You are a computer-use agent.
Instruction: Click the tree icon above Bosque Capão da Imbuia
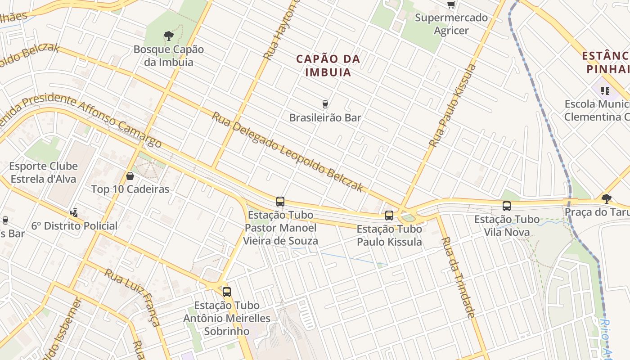pyautogui.click(x=169, y=36)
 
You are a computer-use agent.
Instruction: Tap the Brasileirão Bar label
pyautogui.click(x=325, y=118)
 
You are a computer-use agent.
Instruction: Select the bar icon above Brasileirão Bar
pyautogui.click(x=325, y=104)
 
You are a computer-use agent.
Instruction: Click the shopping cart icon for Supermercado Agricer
pyautogui.click(x=451, y=4)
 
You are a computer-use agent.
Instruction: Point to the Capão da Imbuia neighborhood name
pyautogui.click(x=328, y=65)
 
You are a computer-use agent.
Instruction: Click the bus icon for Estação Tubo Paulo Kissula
pyautogui.click(x=389, y=216)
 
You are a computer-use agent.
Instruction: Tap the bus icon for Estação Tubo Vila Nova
pyautogui.click(x=507, y=206)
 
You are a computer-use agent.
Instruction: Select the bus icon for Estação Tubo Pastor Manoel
pyautogui.click(x=280, y=202)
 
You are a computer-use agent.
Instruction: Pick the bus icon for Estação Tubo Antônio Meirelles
pyautogui.click(x=227, y=292)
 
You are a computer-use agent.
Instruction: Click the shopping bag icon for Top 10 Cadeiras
pyautogui.click(x=130, y=175)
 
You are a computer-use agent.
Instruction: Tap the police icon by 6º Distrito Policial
pyautogui.click(x=74, y=212)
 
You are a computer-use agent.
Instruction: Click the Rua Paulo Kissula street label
pyautogui.click(x=452, y=106)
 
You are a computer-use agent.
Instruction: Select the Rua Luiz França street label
pyautogui.click(x=132, y=297)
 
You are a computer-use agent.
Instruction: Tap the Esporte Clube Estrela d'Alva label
pyautogui.click(x=44, y=172)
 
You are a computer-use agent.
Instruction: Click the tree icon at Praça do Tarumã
pyautogui.click(x=607, y=198)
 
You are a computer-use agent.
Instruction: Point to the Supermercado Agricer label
pyautogui.click(x=451, y=24)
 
